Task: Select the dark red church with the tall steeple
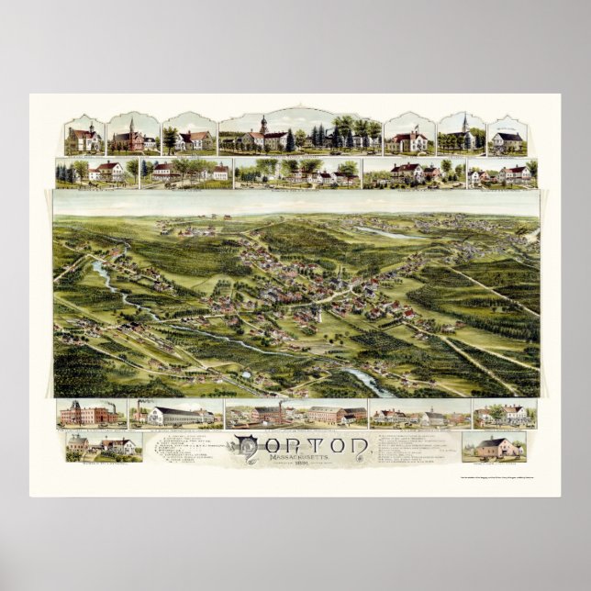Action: point(130,138)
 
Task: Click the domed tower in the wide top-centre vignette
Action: point(263,126)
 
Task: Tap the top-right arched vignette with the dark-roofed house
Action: point(507,138)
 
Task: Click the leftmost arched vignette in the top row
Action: point(84,138)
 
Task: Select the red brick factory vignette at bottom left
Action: point(88,413)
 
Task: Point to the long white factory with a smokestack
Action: point(177,415)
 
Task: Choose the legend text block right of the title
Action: point(418,447)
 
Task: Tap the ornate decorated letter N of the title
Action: point(245,447)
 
